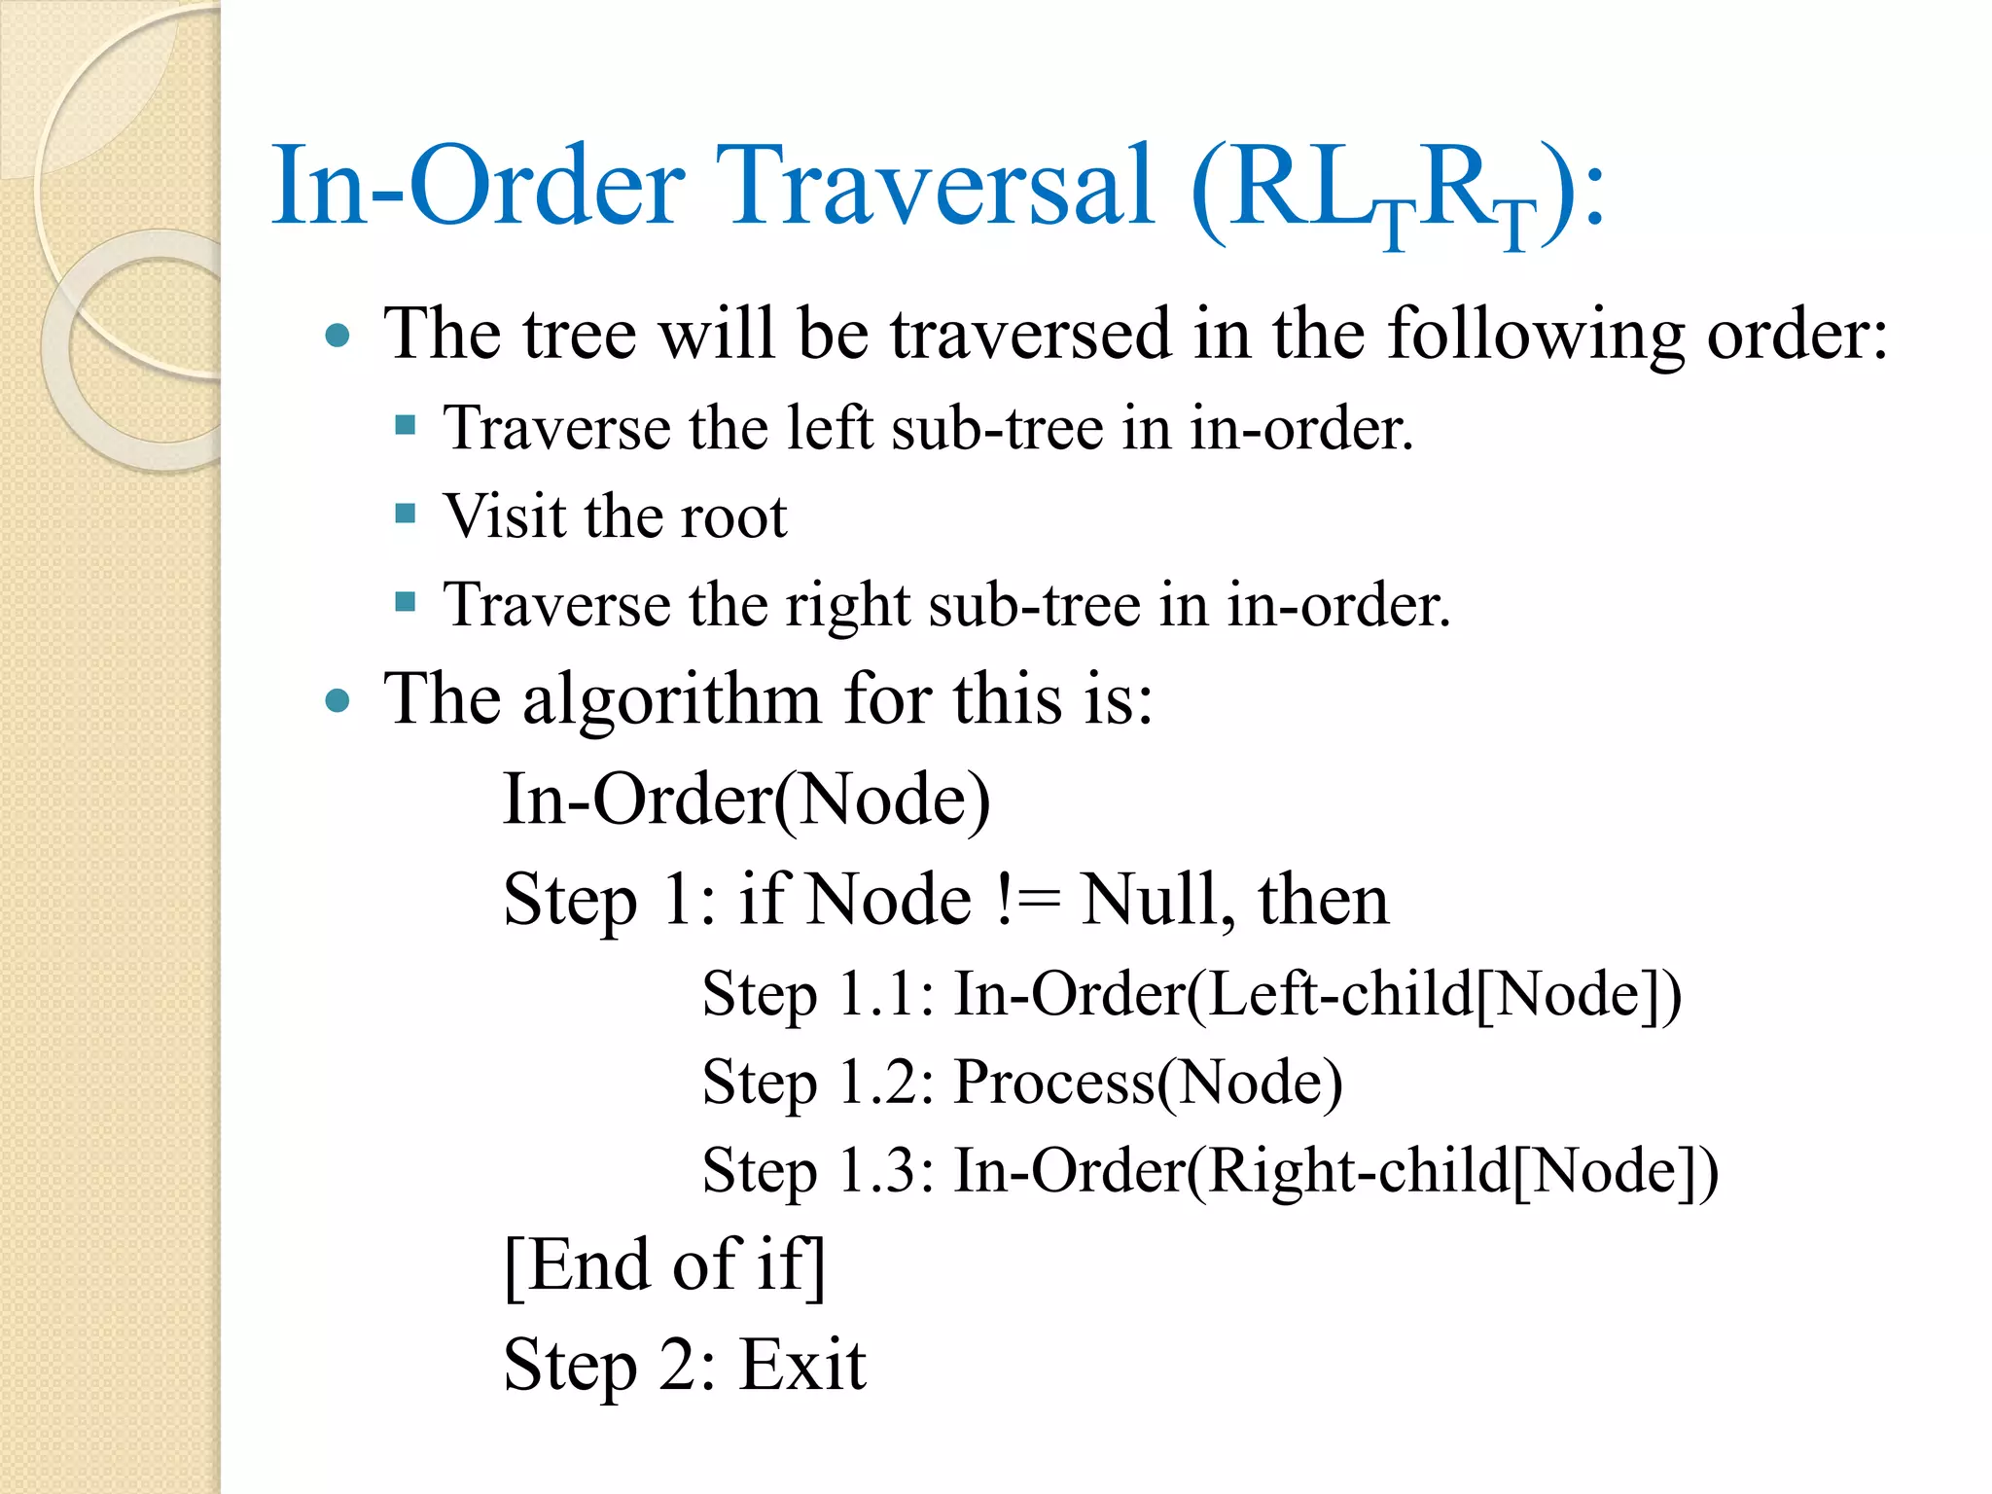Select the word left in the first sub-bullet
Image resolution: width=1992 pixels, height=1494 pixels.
[x=830, y=428]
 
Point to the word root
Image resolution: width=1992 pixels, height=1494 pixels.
[x=733, y=516]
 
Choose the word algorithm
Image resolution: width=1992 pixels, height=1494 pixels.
[x=672, y=699]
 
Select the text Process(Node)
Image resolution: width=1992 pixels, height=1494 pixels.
[x=1149, y=1082]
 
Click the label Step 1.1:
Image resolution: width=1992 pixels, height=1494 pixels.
[x=818, y=994]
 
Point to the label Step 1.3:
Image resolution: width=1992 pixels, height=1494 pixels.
[x=818, y=1170]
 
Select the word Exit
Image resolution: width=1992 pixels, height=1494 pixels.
[x=802, y=1365]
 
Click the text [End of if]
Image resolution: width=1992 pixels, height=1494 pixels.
[x=664, y=1265]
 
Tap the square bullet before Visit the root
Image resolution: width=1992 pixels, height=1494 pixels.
[x=406, y=513]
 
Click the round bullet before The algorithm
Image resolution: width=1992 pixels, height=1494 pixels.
[x=338, y=700]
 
